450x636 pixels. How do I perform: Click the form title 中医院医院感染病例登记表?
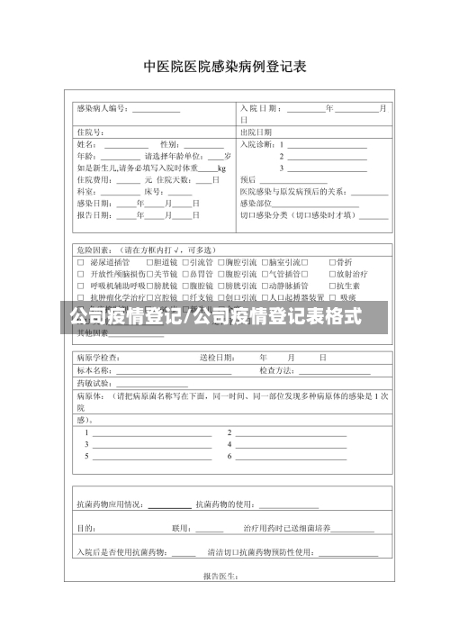click(225, 67)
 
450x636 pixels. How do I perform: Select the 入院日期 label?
click(260, 109)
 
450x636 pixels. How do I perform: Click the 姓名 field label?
click(87, 144)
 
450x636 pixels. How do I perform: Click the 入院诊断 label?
click(257, 144)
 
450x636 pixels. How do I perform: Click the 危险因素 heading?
click(94, 250)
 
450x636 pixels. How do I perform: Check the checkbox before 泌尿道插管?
click(80, 261)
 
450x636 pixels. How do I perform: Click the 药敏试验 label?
click(94, 383)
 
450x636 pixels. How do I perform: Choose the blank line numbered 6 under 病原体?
click(287, 456)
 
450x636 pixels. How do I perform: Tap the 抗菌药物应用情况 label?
click(111, 504)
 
